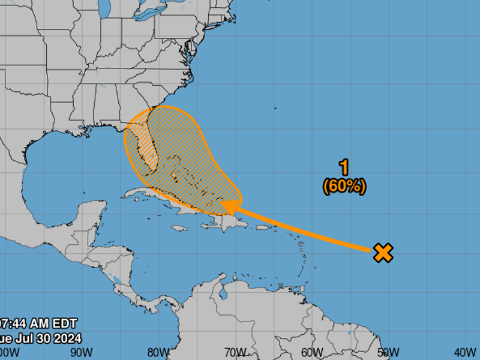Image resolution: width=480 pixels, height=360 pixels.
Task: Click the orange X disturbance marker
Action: pyautogui.click(x=383, y=253)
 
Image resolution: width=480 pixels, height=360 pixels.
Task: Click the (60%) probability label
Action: pyautogui.click(x=344, y=186)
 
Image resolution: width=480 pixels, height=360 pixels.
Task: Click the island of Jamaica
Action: pyautogui.click(x=179, y=228)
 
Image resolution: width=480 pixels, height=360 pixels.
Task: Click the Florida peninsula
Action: pyautogui.click(x=146, y=144)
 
